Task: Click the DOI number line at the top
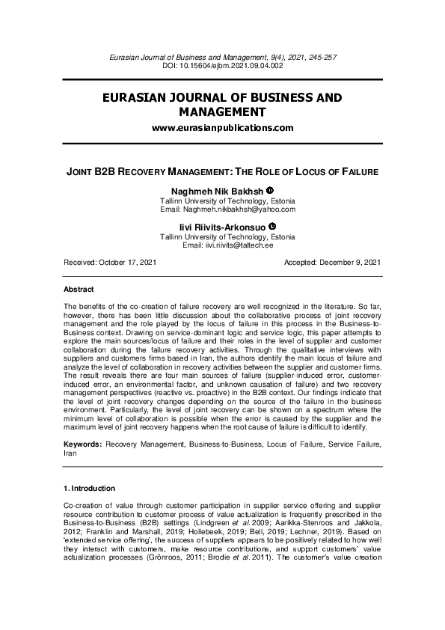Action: (x=222, y=66)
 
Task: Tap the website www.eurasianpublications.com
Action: (x=222, y=128)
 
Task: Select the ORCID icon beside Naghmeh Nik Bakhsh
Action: (x=271, y=190)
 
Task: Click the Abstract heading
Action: (x=79, y=289)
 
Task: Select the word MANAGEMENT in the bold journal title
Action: (x=222, y=112)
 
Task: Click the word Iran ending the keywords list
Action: (x=71, y=453)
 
